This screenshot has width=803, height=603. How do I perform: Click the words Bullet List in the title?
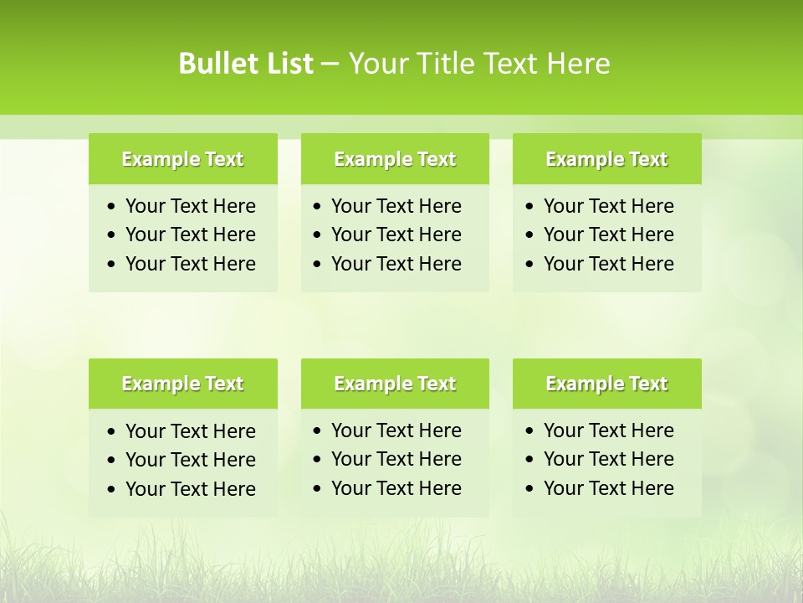pos(245,64)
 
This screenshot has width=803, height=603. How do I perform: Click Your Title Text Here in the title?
pos(478,64)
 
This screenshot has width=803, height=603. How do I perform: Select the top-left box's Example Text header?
pos(182,159)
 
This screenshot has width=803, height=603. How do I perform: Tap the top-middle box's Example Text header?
pos(395,159)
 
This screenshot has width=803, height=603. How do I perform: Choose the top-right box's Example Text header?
pos(606,159)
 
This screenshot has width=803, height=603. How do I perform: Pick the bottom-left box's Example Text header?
pos(182,384)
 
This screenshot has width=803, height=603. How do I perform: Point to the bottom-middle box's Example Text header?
pos(395,384)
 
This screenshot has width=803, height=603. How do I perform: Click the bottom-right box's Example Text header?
pos(606,384)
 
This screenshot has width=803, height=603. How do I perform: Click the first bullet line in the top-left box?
pos(190,206)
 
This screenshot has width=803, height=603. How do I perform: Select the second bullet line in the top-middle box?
pos(396,234)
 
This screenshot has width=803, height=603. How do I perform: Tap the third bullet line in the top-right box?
pos(608,264)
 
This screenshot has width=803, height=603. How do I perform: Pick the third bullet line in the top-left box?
pos(190,264)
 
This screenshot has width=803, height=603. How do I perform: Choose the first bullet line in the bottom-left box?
pos(190,431)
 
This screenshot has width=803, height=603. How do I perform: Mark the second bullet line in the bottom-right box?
pos(608,459)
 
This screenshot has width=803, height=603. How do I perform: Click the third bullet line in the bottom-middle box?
pos(396,488)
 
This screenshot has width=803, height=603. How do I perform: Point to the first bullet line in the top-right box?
pos(608,206)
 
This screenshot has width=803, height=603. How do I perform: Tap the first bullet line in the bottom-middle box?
pos(396,430)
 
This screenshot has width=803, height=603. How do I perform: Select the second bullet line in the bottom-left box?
pos(190,460)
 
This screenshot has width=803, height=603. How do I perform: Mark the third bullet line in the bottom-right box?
pos(608,488)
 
